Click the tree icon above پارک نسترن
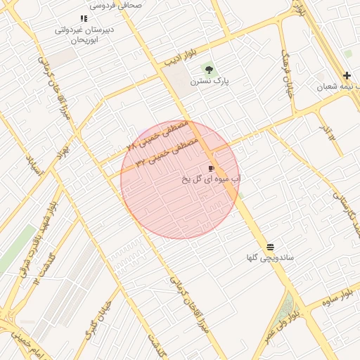[x=207, y=69]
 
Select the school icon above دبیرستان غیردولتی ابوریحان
[x=84, y=19]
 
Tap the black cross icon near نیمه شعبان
[x=347, y=76]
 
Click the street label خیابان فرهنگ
[x=286, y=72]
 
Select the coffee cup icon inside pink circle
[x=211, y=168]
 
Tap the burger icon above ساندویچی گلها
[x=270, y=246]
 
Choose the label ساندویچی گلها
[x=270, y=258]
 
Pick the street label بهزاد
[x=65, y=149]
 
